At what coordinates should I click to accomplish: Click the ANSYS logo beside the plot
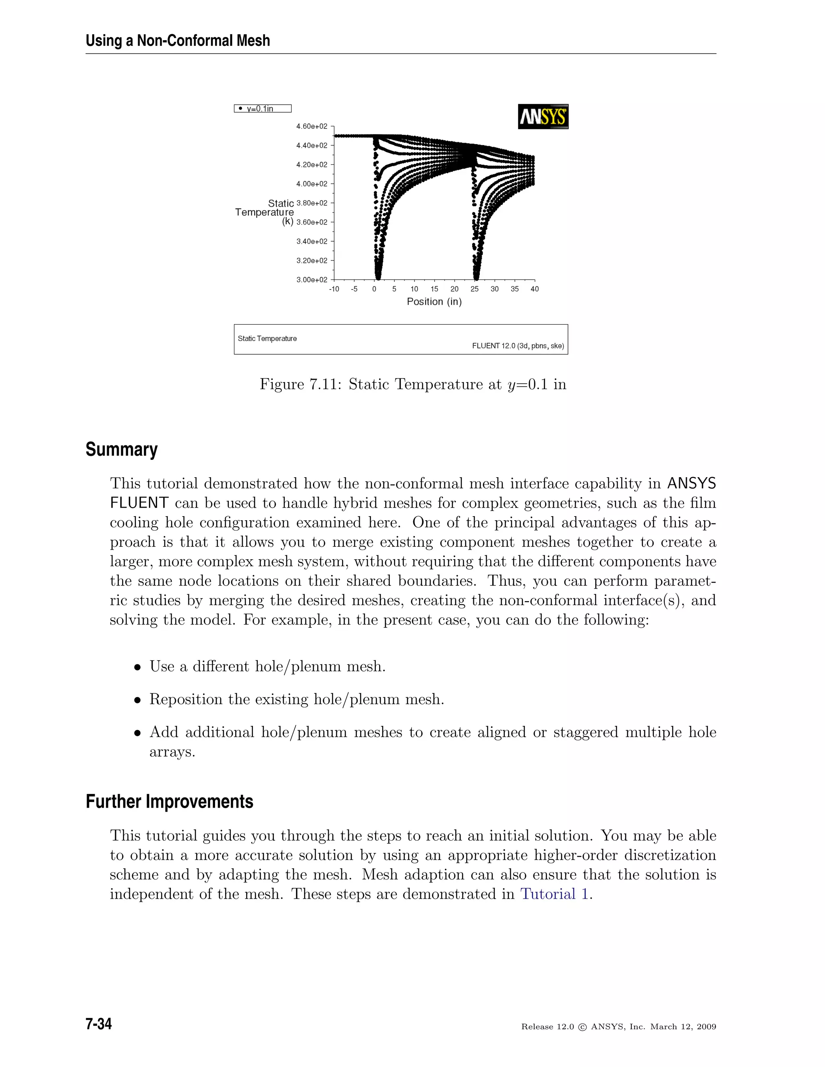[543, 116]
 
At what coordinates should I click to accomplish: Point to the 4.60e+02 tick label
[311, 126]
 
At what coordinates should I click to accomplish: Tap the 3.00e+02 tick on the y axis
[311, 280]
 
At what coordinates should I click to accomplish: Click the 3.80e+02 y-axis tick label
[311, 203]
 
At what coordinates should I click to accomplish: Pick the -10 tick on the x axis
[334, 289]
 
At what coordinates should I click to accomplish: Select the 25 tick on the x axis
[475, 289]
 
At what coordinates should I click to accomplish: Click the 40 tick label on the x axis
[535, 289]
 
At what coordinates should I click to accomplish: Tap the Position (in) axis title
[434, 302]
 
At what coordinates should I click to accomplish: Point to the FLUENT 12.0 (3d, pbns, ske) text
[518, 346]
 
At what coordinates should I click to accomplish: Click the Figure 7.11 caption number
[325, 385]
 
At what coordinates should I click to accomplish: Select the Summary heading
[121, 449]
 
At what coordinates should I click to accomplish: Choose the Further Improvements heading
[169, 802]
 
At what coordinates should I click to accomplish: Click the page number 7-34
[99, 1024]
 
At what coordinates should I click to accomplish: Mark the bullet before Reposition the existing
[138, 701]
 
